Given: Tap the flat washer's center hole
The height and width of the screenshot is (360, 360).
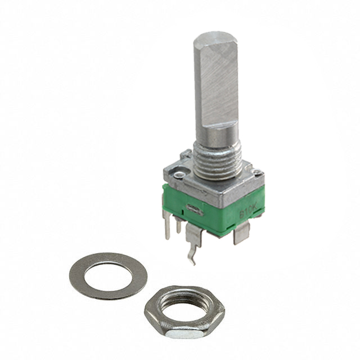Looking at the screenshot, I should tap(108, 274).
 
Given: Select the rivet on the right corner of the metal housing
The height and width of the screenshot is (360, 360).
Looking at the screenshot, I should tap(254, 173).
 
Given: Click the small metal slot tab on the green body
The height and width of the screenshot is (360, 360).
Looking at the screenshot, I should tap(192, 210).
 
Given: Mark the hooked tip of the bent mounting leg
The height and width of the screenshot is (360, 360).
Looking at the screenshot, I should tap(192, 260).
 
